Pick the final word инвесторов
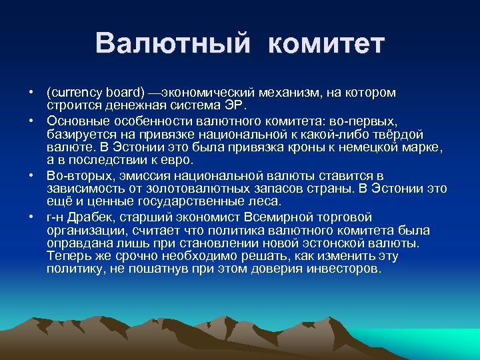pos(343,269)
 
